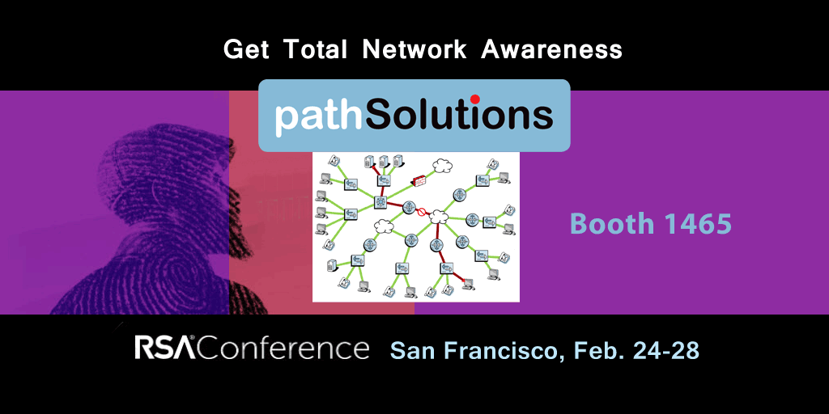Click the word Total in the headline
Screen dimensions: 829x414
click(x=315, y=49)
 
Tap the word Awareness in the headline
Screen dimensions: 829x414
click(x=551, y=49)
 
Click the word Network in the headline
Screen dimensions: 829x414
click(x=414, y=49)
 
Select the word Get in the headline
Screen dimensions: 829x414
click(x=246, y=50)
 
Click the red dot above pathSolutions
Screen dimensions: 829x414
click(x=474, y=99)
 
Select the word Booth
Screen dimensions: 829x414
click(x=612, y=223)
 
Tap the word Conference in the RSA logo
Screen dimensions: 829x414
click(x=283, y=348)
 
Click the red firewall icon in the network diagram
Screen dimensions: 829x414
click(x=421, y=180)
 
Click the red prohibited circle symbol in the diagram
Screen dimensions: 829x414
click(x=422, y=213)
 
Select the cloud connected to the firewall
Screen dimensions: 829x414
click(x=442, y=166)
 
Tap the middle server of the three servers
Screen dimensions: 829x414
click(x=383, y=161)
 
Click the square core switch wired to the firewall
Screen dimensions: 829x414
click(x=380, y=201)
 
